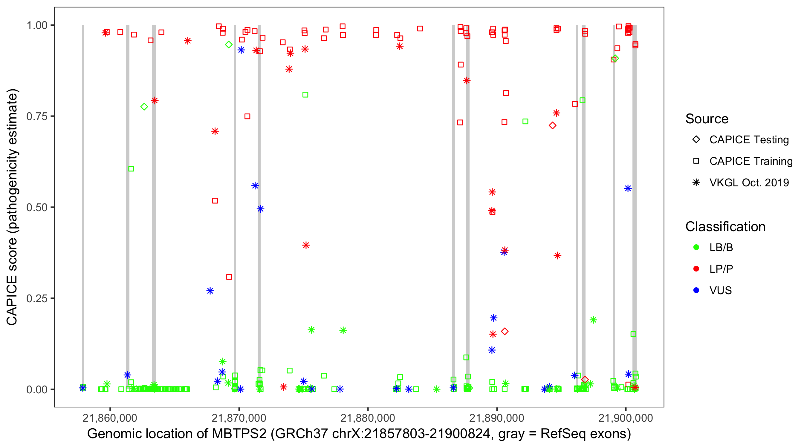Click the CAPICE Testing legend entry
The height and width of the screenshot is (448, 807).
(749, 140)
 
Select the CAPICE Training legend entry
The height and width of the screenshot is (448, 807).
(751, 161)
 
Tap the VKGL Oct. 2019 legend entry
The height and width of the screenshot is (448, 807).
(749, 182)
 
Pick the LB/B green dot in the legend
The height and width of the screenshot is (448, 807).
(696, 247)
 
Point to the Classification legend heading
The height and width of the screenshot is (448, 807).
(725, 227)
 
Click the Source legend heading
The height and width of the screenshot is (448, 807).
(707, 119)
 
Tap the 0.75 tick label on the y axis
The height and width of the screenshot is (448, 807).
(36, 116)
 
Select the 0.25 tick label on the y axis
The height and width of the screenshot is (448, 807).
(36, 298)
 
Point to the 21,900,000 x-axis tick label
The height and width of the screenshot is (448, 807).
(625, 418)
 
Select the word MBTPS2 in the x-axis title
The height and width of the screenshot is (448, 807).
(239, 434)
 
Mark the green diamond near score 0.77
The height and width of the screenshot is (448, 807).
(144, 107)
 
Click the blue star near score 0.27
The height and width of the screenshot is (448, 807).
(210, 291)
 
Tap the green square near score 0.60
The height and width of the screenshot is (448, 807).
(131, 169)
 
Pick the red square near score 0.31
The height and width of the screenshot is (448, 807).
(229, 277)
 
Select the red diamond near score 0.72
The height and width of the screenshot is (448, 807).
(552, 125)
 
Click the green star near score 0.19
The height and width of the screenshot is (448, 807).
(593, 320)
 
